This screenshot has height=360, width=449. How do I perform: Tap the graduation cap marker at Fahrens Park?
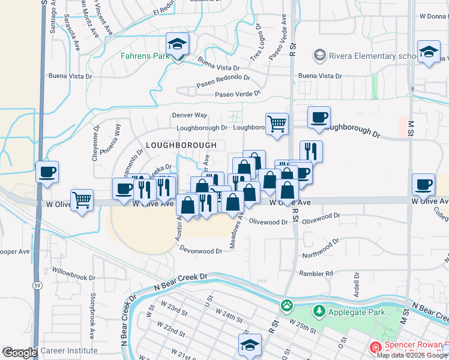178,44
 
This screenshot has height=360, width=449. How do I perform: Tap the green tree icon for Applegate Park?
319,311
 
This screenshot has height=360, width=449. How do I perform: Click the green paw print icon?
286,305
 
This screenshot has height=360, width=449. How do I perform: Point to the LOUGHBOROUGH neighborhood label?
181,146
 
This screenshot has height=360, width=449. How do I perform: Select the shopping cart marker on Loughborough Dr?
277,124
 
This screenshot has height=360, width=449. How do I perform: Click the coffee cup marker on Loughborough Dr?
319,117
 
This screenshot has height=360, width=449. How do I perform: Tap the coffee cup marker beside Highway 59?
47,173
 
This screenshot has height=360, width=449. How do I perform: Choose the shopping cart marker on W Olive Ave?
82,200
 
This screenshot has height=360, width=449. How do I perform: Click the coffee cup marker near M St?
424,184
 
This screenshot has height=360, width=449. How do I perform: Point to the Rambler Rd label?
316,274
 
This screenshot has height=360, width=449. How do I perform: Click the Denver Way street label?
189,115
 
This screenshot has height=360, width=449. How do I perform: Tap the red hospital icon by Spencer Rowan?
376,347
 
